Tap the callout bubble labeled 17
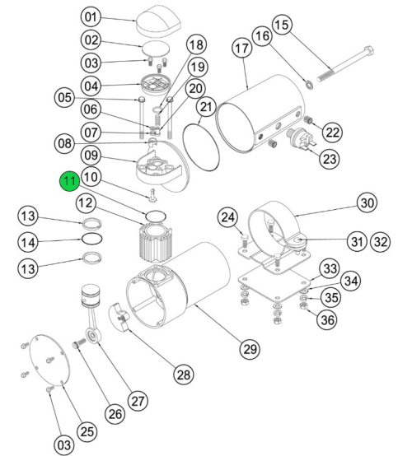pyautogui.click(x=241, y=49)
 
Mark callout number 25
pyautogui.click(x=87, y=430)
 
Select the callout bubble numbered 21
pyautogui.click(x=205, y=108)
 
